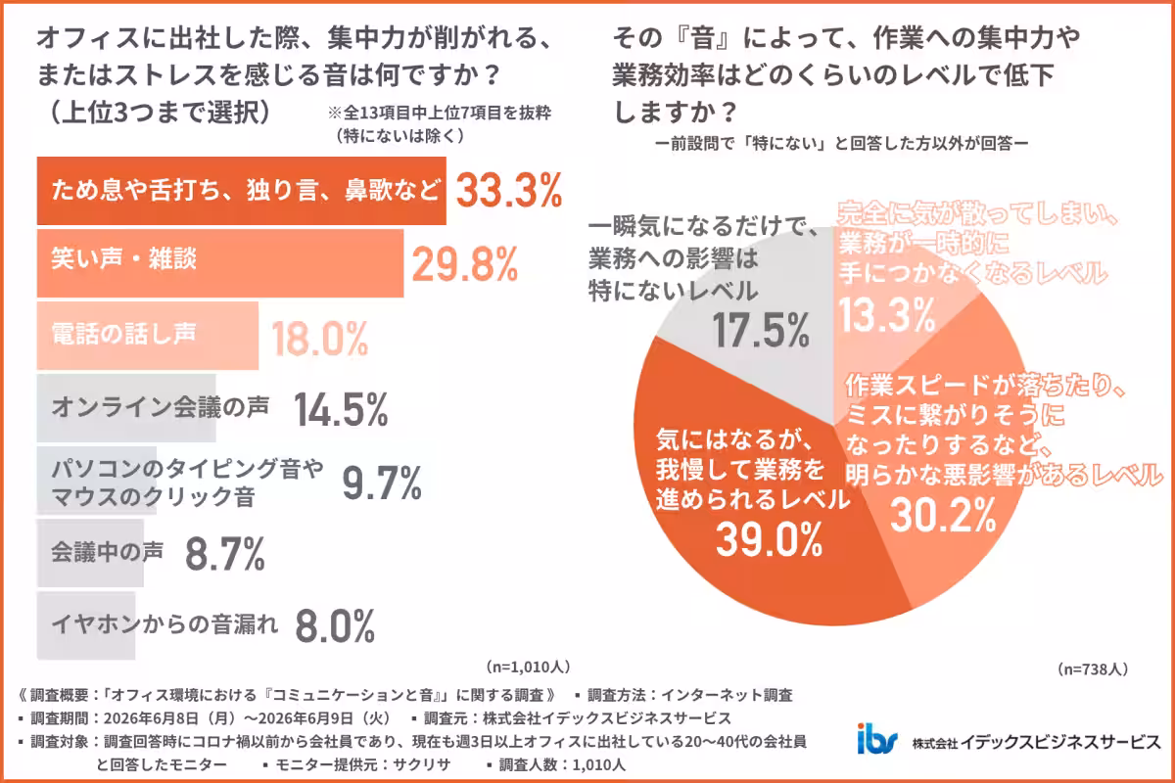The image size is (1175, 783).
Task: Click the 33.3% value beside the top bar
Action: click(x=509, y=190)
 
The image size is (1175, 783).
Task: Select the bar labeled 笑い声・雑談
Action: click(x=220, y=263)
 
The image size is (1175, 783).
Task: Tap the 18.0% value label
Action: click(x=319, y=339)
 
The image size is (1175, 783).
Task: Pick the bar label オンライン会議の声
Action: click(x=161, y=406)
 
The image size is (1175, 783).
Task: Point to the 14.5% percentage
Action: click(x=341, y=409)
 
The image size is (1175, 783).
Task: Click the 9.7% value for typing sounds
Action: click(x=382, y=483)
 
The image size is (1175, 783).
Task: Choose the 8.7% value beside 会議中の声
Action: click(x=225, y=553)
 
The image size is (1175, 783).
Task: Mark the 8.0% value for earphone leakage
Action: click(x=335, y=625)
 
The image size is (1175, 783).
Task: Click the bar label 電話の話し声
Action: click(x=123, y=333)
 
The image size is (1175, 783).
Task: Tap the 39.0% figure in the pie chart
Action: click(x=769, y=539)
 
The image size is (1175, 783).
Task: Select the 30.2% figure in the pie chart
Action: click(x=943, y=515)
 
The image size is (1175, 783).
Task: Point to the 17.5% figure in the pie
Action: click(x=761, y=331)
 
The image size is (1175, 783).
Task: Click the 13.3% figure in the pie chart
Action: click(x=887, y=315)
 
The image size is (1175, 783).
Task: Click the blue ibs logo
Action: click(x=877, y=739)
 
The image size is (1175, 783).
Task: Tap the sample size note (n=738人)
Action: click(x=1093, y=669)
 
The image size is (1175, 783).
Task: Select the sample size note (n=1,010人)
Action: click(x=528, y=667)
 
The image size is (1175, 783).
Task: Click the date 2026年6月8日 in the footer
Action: click(x=151, y=718)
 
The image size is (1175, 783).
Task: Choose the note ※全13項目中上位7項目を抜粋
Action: click(x=439, y=113)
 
